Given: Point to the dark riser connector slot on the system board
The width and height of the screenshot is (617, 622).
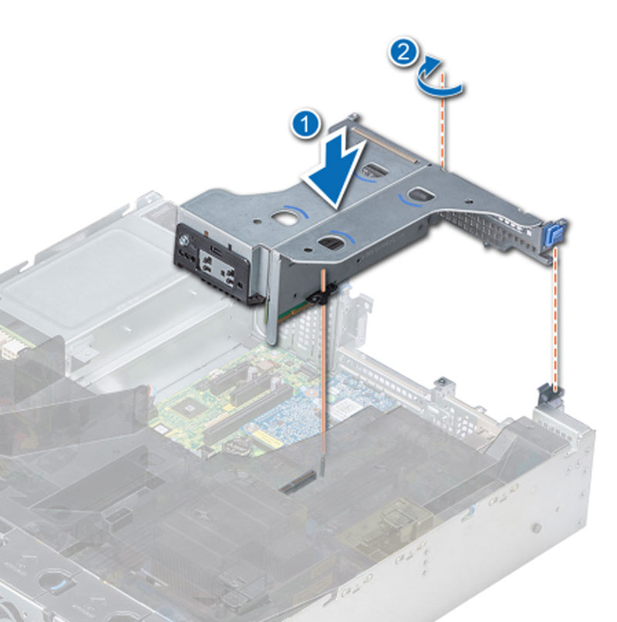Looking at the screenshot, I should click(x=302, y=482).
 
